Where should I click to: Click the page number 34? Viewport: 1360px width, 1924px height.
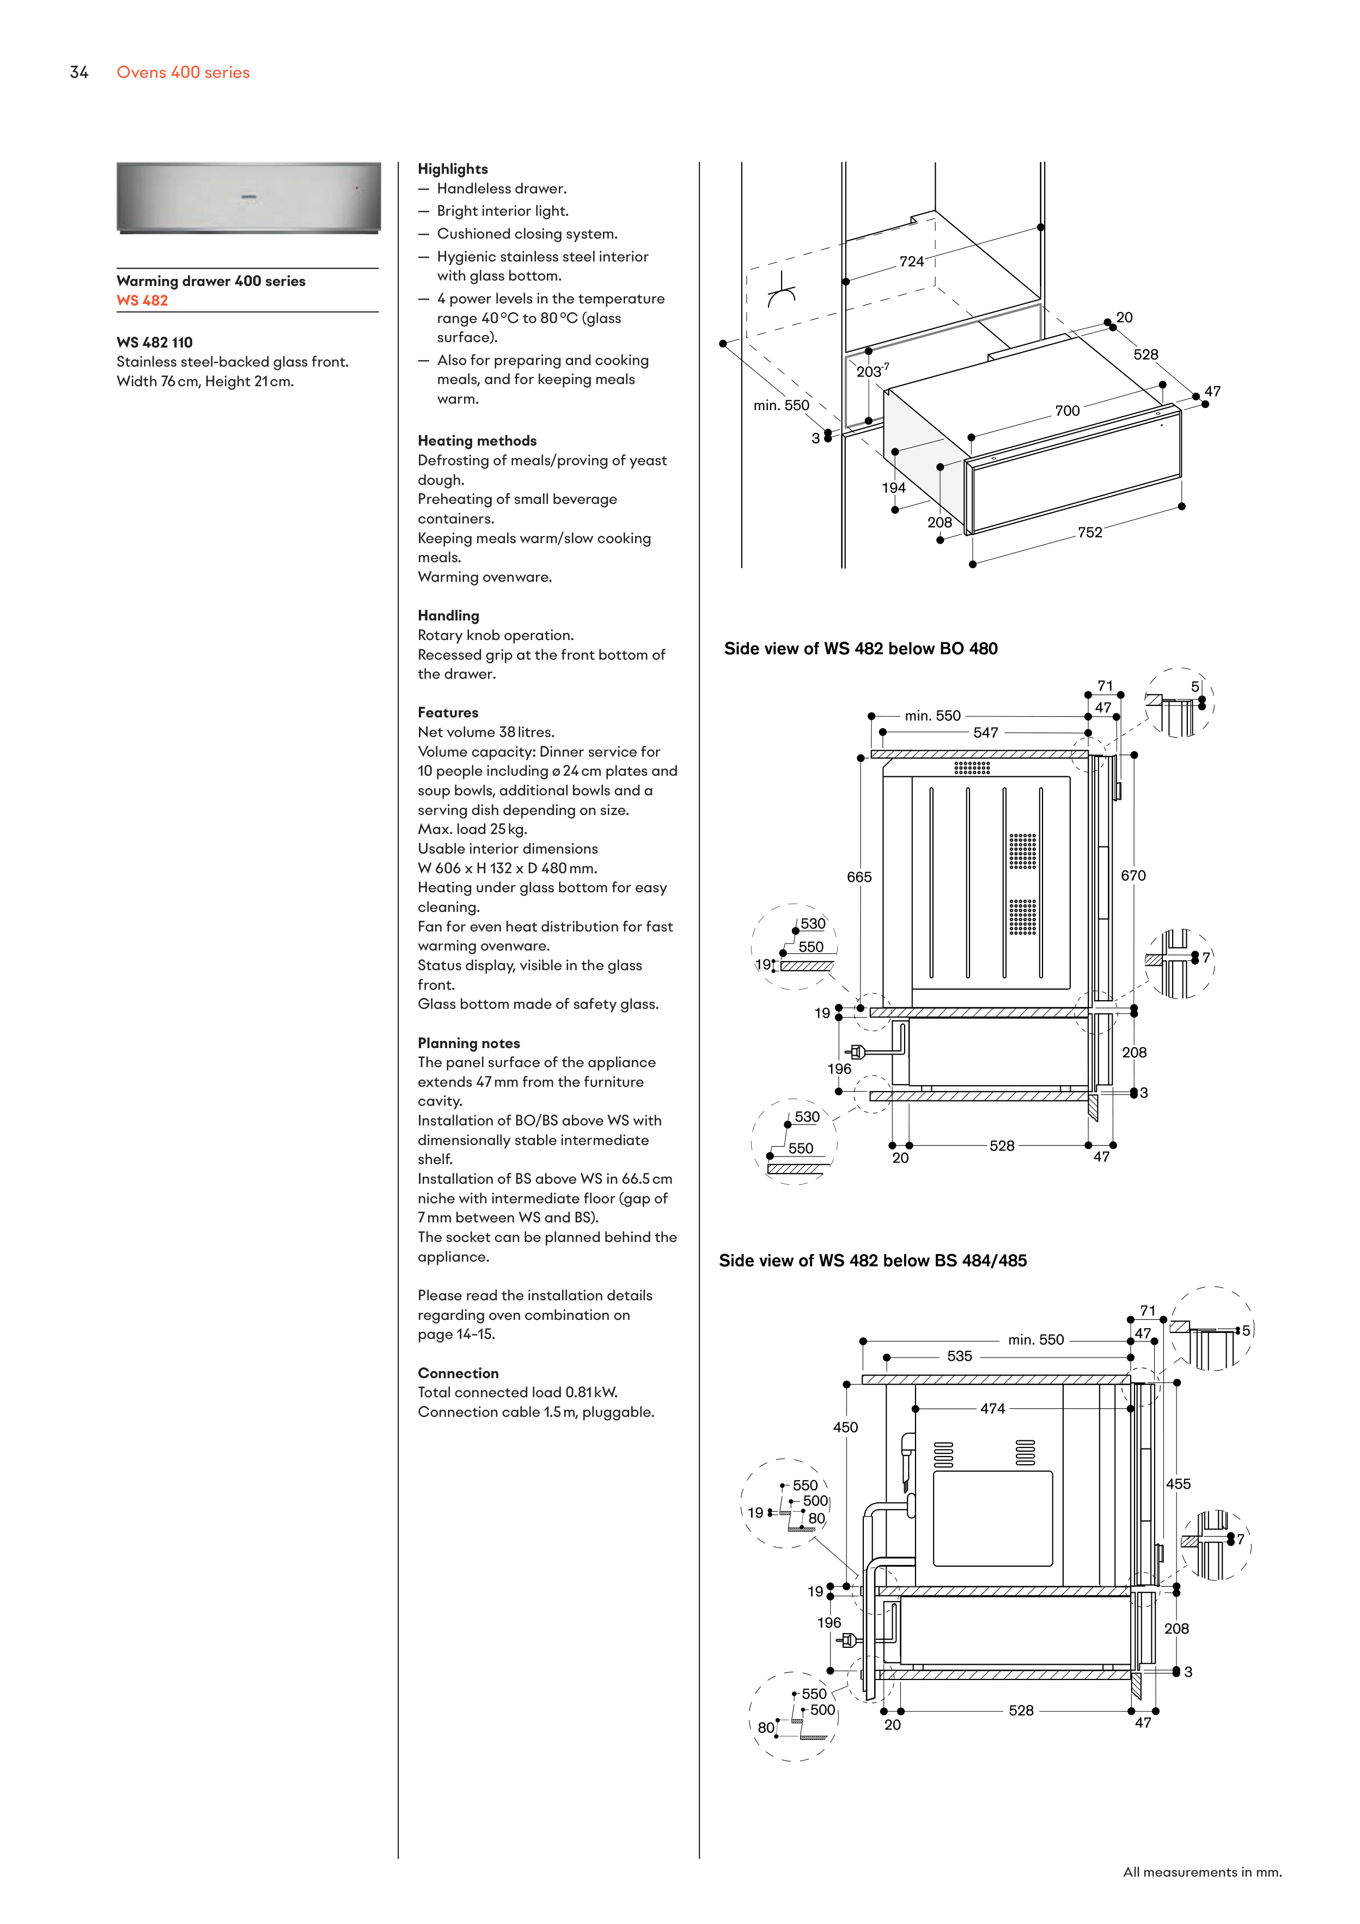click(x=79, y=73)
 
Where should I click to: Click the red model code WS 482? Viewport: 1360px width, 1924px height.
click(x=143, y=301)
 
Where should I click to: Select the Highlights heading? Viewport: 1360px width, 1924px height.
click(x=453, y=169)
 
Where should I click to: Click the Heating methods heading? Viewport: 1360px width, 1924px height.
click(x=477, y=441)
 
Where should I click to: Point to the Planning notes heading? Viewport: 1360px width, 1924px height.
click(x=468, y=1043)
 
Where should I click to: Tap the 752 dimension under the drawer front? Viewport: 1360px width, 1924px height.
click(x=1089, y=533)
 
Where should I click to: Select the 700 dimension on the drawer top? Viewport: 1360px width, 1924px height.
click(x=1067, y=411)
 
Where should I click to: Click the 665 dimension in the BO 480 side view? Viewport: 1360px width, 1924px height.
click(x=859, y=878)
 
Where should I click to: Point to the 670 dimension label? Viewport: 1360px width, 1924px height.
click(x=1133, y=876)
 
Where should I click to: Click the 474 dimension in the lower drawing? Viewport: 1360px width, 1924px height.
click(x=992, y=1409)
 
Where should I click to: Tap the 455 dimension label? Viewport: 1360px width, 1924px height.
click(x=1178, y=1484)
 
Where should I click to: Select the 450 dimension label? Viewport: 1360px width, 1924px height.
click(x=845, y=1427)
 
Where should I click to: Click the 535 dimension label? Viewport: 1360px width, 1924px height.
click(x=960, y=1356)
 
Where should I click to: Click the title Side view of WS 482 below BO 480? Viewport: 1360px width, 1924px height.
click(x=861, y=649)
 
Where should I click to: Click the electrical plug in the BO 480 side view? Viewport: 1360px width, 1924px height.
click(x=856, y=1052)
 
